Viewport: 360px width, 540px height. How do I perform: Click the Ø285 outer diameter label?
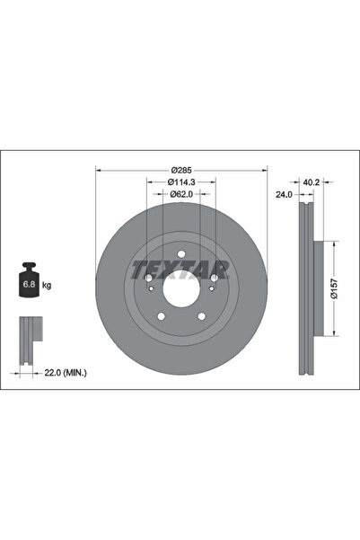point(181,170)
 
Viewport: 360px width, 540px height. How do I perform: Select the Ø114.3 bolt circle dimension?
point(181,181)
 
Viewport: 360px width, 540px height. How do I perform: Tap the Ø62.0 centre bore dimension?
point(181,194)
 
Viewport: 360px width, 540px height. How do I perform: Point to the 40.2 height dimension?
point(312,182)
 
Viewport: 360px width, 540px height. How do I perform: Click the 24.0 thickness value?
point(284,195)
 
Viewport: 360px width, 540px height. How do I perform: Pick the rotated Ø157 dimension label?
point(335,288)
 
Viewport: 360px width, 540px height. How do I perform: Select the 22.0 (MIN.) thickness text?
point(66,373)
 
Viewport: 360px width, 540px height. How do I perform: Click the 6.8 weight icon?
point(29,279)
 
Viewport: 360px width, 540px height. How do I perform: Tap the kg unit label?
point(47,285)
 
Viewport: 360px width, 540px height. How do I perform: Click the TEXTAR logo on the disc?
point(180,270)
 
